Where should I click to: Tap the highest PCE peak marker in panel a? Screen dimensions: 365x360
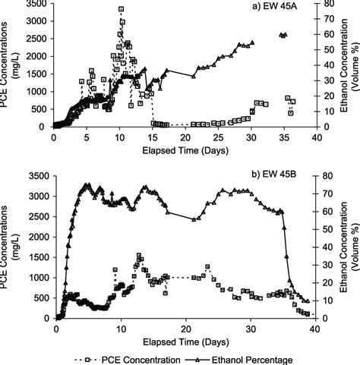click(121, 9)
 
